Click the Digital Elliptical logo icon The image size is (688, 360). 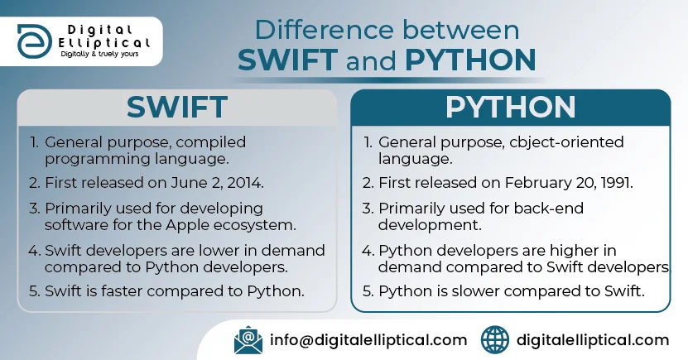pos(34,41)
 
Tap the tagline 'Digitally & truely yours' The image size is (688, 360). pos(99,54)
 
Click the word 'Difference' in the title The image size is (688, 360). pos(325,30)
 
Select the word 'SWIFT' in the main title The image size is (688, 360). pos(287,60)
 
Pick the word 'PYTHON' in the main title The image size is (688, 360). pos(470,60)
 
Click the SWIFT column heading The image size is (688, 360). pos(177,107)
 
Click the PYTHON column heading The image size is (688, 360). pos(510,107)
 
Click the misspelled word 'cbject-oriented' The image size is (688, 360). pos(567,142)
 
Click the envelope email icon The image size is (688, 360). pos(248,340)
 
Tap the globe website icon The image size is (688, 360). pos(495,340)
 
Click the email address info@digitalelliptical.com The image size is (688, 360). pos(368,340)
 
